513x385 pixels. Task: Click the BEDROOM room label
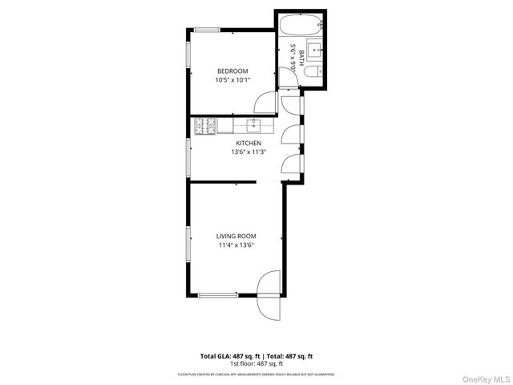point(232,71)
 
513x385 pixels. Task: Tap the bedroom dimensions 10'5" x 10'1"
point(232,79)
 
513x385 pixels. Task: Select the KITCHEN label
point(248,143)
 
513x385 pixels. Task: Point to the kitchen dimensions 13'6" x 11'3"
point(248,152)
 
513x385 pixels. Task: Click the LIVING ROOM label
point(236,236)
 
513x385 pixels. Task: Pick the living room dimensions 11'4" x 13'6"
point(236,245)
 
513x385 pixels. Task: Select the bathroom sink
point(315,50)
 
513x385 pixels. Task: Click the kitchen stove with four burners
point(202,125)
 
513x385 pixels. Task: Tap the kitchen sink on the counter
point(254,125)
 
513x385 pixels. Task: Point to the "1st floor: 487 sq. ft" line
point(256,363)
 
